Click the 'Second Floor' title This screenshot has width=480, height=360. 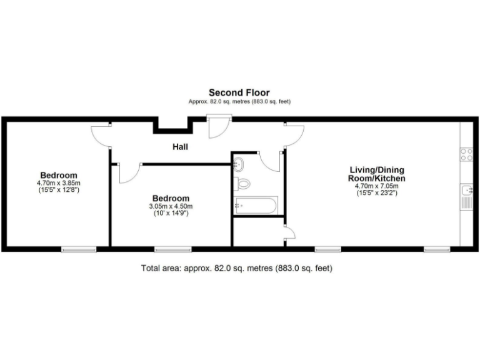click(239, 93)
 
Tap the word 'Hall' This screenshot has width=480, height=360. click(181, 147)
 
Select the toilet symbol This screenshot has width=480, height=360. click(242, 184)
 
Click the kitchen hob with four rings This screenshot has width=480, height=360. click(466, 154)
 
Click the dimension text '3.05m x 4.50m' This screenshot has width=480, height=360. click(171, 206)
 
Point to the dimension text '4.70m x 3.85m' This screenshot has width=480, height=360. click(59, 182)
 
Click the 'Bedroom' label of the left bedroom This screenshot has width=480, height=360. click(59, 174)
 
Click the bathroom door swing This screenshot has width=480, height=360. click(272, 160)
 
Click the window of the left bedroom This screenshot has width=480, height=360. click(79, 249)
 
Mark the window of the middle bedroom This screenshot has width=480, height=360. click(173, 249)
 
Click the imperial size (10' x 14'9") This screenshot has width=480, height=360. click(171, 213)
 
